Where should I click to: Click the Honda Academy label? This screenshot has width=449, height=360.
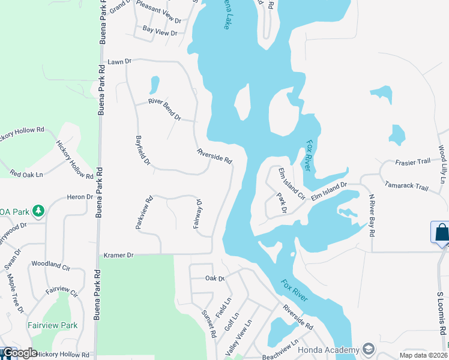(x=330, y=349)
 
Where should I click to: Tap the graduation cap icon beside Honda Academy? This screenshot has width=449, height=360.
(x=367, y=349)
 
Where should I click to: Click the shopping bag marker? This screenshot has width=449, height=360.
(x=441, y=232)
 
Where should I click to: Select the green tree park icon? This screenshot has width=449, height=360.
(x=38, y=211)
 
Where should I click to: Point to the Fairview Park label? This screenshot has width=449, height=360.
(x=53, y=325)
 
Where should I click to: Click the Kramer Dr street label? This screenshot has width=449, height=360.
(x=118, y=255)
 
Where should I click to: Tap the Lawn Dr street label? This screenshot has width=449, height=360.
(x=119, y=62)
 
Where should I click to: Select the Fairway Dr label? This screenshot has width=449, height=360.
(x=200, y=215)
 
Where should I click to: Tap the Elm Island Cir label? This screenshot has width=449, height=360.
(x=292, y=183)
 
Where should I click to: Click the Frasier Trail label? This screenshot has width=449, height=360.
(x=413, y=162)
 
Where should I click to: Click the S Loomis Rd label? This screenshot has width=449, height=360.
(x=441, y=313)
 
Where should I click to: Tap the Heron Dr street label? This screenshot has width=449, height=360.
(x=80, y=197)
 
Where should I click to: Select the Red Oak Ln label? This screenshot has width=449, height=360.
(x=26, y=174)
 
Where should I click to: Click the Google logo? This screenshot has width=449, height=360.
(x=19, y=353)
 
